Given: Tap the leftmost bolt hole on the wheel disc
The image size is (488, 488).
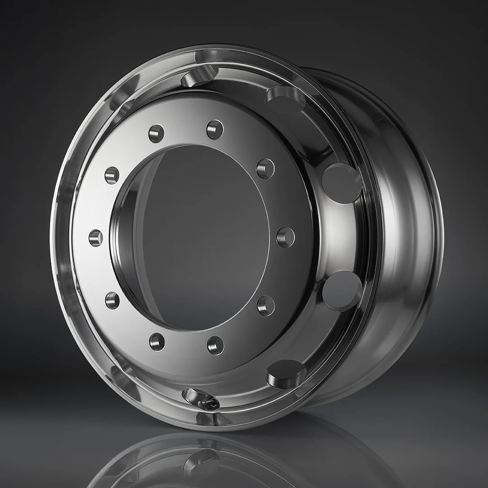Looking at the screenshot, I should (x=96, y=238).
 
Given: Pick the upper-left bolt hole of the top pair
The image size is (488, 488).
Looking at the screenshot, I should (x=156, y=133).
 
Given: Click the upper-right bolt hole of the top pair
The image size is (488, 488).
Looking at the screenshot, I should (x=215, y=130).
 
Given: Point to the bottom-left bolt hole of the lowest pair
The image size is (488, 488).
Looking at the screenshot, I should (x=157, y=342).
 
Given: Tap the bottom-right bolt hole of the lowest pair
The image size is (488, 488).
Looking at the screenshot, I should (x=216, y=345).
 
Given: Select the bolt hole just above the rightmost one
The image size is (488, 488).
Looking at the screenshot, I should (x=266, y=169).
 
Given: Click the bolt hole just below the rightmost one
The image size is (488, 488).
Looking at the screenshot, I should (x=266, y=306).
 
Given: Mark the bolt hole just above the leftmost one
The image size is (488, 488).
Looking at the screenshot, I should (x=112, y=175).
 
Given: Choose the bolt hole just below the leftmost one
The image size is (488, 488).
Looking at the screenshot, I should (x=112, y=300).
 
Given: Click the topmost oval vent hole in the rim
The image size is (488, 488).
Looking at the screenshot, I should (x=199, y=75).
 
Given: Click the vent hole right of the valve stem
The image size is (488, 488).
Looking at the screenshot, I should (x=286, y=373).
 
